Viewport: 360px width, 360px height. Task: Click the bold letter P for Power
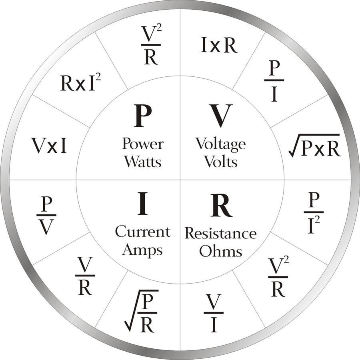(x=143, y=116)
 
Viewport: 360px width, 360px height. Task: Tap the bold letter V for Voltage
(x=221, y=116)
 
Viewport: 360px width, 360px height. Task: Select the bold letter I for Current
(x=142, y=204)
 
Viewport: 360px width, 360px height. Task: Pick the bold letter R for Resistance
(x=222, y=205)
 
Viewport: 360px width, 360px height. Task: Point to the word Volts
(x=221, y=162)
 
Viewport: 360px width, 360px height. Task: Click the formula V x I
(x=49, y=146)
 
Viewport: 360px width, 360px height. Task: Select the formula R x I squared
(x=80, y=83)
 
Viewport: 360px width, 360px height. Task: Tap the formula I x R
(x=219, y=45)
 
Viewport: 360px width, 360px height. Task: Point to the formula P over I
(x=274, y=81)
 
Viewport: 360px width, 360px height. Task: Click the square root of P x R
(x=314, y=146)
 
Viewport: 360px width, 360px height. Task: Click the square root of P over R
(x=142, y=311)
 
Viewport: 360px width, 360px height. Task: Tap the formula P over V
(x=46, y=215)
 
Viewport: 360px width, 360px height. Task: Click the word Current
(x=142, y=232)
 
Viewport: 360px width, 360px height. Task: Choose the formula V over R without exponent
(x=85, y=276)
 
